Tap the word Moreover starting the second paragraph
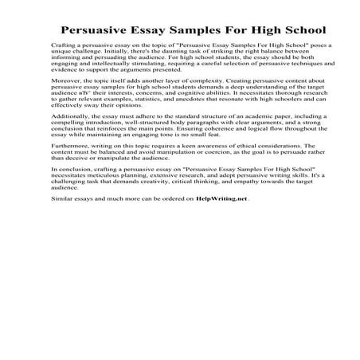(65, 81)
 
